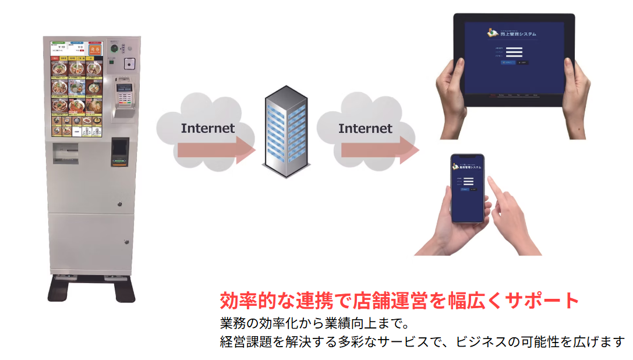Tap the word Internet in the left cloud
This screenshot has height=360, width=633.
coord(207,128)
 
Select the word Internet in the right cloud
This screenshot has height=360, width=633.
coord(365,128)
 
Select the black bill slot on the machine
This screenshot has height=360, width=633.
coord(119,150)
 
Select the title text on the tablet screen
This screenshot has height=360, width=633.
coord(514,33)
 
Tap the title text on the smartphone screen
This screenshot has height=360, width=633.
coord(469,167)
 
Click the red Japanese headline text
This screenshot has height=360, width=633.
coord(399,301)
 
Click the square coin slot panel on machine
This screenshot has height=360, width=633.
coord(129,63)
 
